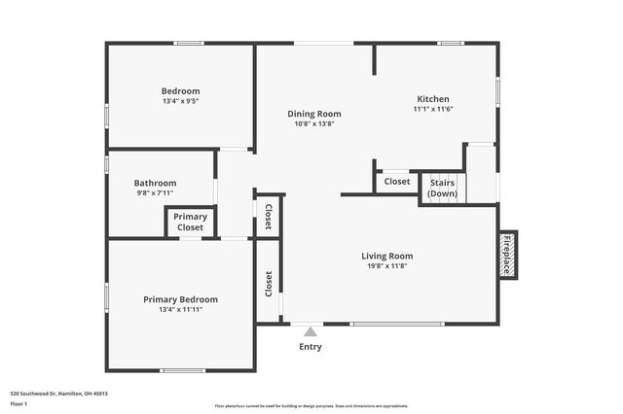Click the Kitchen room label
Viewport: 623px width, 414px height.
pos(433,99)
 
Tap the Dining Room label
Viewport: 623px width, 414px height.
pos(314,114)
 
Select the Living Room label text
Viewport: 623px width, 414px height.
pos(387,256)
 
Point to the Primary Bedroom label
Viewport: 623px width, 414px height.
pos(181,299)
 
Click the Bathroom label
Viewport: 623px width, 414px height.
pos(155,183)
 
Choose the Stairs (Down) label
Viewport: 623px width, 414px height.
pos(443,188)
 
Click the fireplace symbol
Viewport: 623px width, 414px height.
pos(507,256)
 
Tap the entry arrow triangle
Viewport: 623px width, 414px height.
pos(311,331)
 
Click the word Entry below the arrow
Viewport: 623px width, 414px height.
pos(311,347)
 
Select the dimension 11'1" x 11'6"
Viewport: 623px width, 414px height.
pos(433,109)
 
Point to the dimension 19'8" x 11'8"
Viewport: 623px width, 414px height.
pos(387,266)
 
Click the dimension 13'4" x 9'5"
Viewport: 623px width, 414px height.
pos(181,101)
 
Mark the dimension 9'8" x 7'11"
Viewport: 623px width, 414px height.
pos(155,193)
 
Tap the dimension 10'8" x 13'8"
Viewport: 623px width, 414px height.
pos(314,123)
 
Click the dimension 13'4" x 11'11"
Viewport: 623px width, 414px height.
pos(181,310)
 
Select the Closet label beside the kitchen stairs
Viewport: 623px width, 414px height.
pos(397,181)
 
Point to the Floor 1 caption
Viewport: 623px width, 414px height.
pos(19,402)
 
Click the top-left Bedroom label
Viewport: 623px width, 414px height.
pos(181,91)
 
